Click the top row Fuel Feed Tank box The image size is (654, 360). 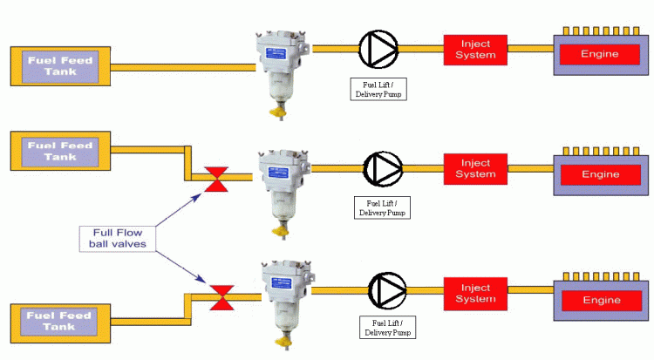pos(58,66)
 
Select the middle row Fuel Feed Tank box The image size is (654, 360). pos(58,151)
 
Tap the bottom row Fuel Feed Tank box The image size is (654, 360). pos(58,320)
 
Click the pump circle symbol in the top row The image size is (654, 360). pos(378,51)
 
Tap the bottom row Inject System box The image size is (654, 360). pos(476,294)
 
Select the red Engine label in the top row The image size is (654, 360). pos(600,54)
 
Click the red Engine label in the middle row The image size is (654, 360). pos(600,174)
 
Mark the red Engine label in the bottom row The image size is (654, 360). pos(600,301)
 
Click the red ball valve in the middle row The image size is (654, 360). pos(215,178)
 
